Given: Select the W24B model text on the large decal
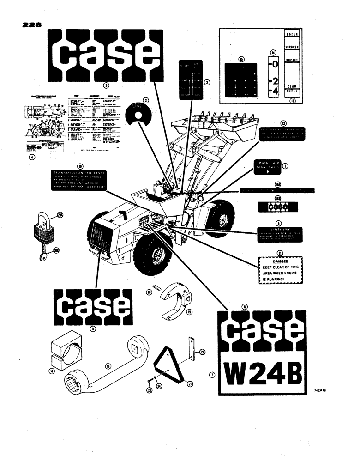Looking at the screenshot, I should pyautogui.click(x=264, y=371).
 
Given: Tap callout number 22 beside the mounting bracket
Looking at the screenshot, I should pyautogui.click(x=202, y=353).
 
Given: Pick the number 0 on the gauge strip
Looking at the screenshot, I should pyautogui.click(x=274, y=64).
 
